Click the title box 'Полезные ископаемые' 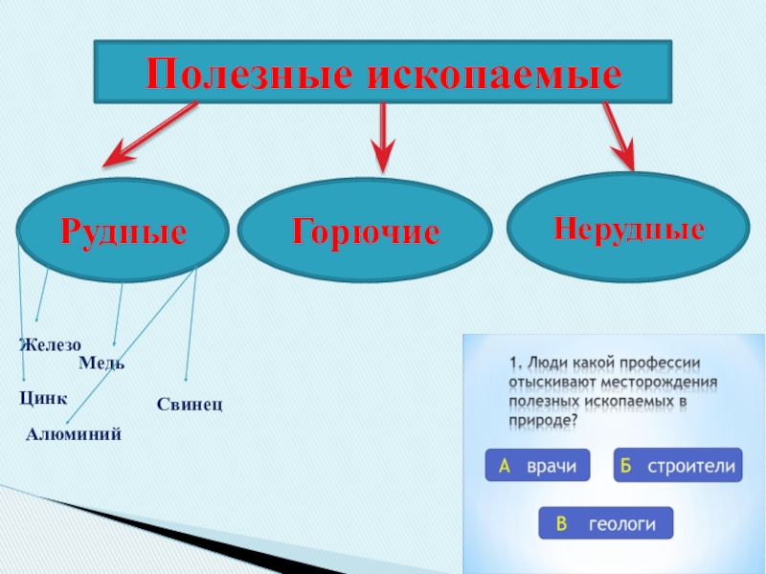pyautogui.click(x=383, y=72)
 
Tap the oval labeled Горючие pyautogui.click(x=365, y=232)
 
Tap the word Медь pyautogui.click(x=101, y=363)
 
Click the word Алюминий pyautogui.click(x=73, y=434)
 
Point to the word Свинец pyautogui.click(x=190, y=406)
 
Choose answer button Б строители pyautogui.click(x=678, y=466)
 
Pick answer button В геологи pyautogui.click(x=605, y=523)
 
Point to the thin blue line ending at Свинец pyautogui.click(x=191, y=325)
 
